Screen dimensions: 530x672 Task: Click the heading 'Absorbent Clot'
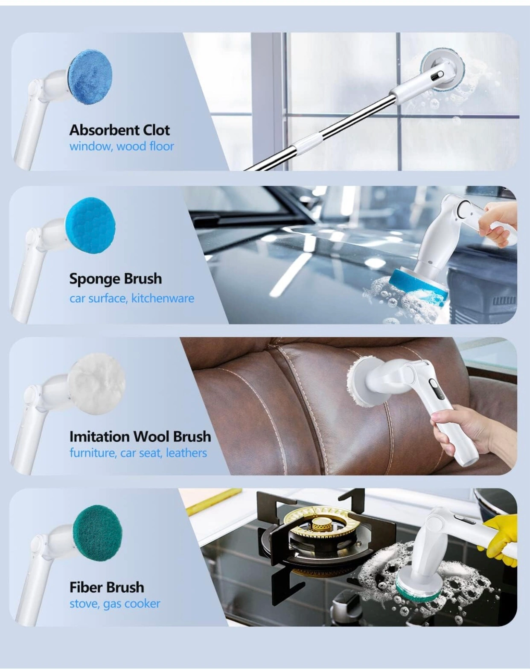coord(119,130)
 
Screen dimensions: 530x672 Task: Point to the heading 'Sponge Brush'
coord(116,279)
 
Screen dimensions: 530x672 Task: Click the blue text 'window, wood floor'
coord(122,146)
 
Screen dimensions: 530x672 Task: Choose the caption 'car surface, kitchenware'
coord(132,298)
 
